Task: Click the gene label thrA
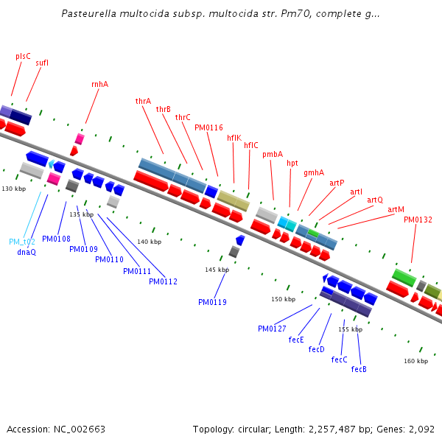[x=143, y=101]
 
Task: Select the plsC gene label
[x=23, y=56]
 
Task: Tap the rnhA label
[x=99, y=84]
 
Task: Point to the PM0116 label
[x=208, y=127]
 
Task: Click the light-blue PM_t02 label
[x=22, y=242]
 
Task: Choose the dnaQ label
[x=27, y=252]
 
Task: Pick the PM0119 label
[x=212, y=302]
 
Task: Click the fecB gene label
[x=359, y=369]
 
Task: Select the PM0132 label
[x=418, y=220]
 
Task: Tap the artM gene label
[x=396, y=210]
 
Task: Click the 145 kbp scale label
[x=217, y=270]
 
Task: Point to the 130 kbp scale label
[x=14, y=189]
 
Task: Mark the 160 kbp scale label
[x=415, y=361]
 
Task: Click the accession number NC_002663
[x=80, y=429]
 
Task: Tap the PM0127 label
[x=272, y=329]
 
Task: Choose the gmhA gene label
[x=314, y=172]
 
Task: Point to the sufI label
[x=42, y=63]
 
